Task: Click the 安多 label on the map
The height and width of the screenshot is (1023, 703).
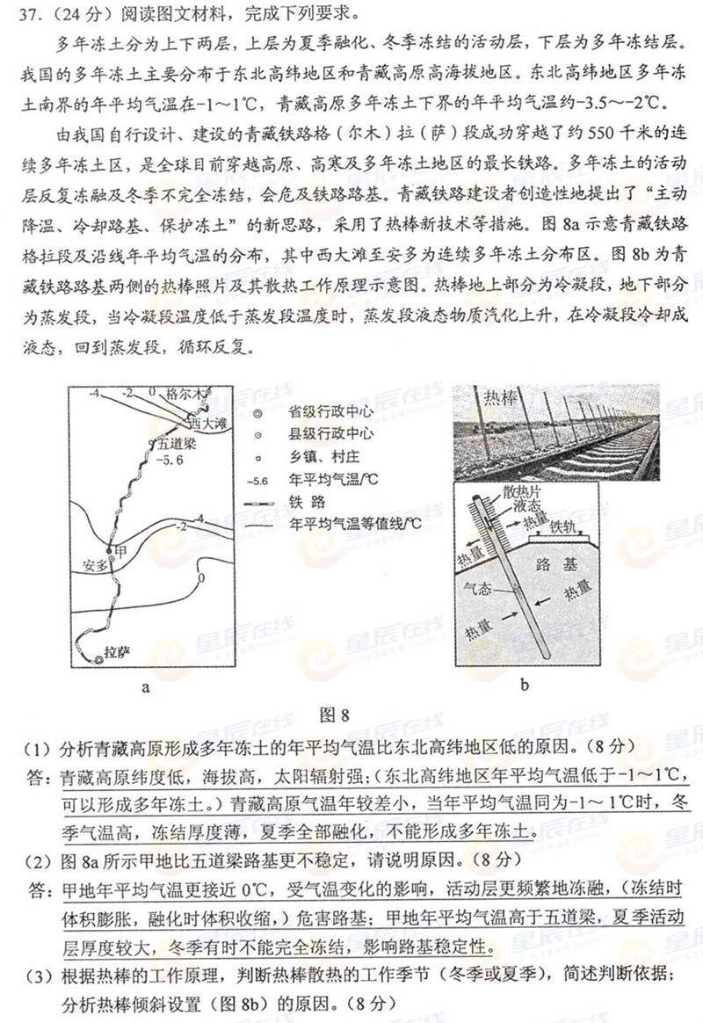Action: (94, 565)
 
